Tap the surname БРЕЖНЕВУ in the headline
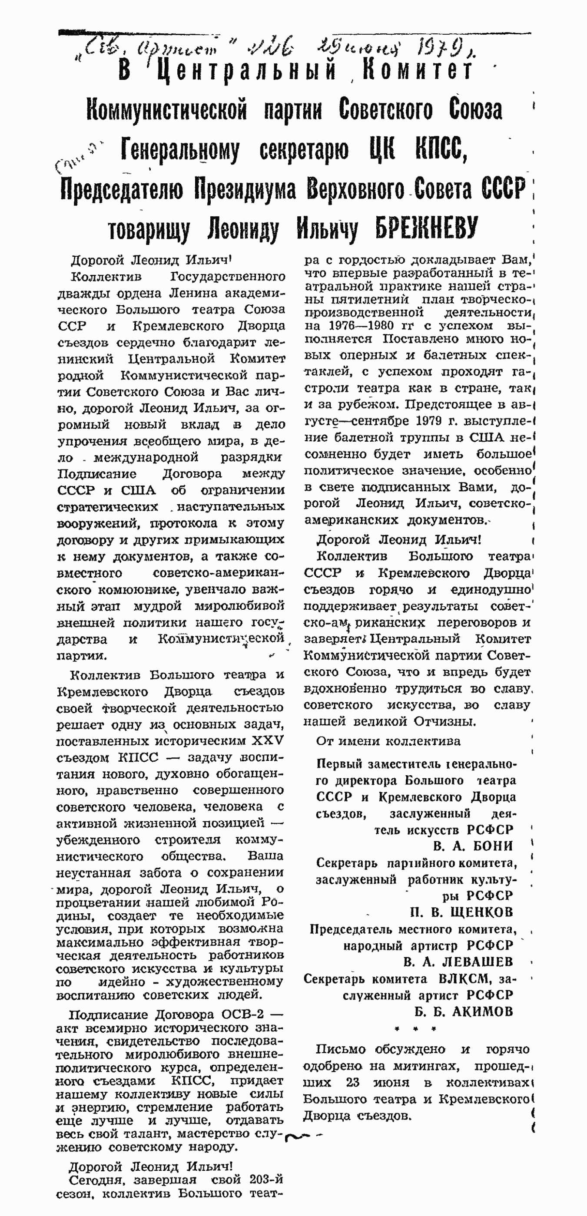(426, 228)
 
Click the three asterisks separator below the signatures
(415, 1028)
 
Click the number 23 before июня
(352, 1082)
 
